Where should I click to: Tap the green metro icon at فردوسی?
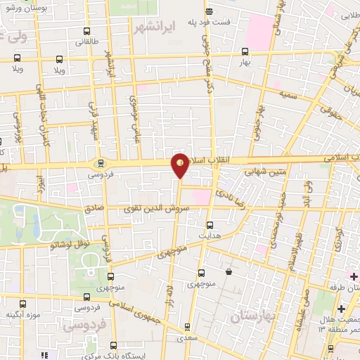[x=97, y=162]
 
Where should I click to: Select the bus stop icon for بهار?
[x=245, y=51]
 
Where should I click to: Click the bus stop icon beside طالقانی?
[x=86, y=32]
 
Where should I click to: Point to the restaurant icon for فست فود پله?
[x=208, y=12]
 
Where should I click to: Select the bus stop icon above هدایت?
[x=209, y=226]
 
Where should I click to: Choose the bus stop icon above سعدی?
[x=187, y=326]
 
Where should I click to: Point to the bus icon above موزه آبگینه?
[x=22, y=305]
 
